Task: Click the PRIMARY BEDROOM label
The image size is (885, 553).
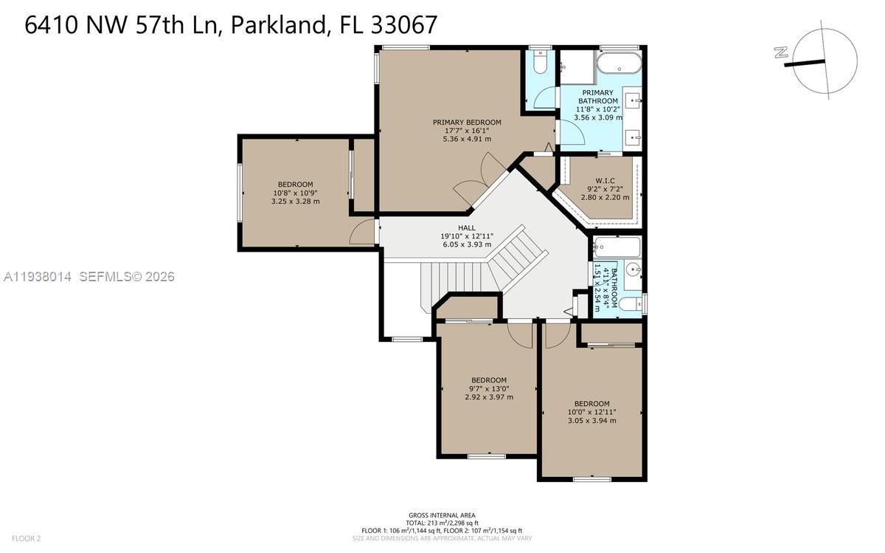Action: click(467, 123)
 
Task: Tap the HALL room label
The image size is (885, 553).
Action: click(467, 228)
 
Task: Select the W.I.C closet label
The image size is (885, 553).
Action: click(605, 181)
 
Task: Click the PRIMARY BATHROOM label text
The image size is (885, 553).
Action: click(598, 97)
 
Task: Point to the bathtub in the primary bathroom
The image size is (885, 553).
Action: click(619, 63)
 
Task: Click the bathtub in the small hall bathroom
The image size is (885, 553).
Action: click(617, 247)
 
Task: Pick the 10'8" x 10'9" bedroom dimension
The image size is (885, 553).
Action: click(295, 193)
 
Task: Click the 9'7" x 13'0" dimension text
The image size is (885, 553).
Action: click(489, 389)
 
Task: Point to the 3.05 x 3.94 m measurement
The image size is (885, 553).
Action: click(591, 421)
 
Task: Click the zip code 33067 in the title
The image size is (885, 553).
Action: click(404, 24)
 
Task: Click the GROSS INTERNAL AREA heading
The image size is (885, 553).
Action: click(442, 515)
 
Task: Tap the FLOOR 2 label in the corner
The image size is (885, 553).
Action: click(27, 538)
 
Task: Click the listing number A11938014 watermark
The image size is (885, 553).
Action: click(38, 276)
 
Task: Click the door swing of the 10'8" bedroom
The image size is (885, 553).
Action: click(361, 232)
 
